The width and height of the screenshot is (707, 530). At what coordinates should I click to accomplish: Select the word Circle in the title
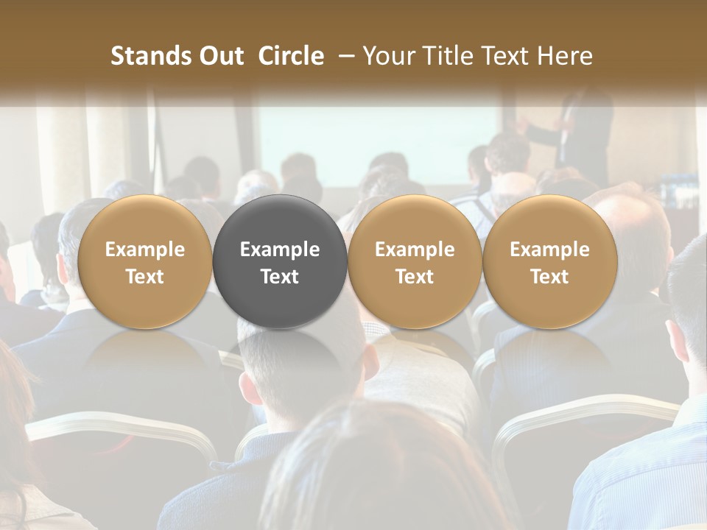pyautogui.click(x=291, y=56)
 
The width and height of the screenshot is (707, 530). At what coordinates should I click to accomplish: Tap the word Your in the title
pyautogui.click(x=385, y=56)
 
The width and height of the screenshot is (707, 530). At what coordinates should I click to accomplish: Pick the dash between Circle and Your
pyautogui.click(x=343, y=56)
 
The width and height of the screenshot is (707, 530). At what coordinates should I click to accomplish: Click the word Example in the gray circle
pyautogui.click(x=280, y=250)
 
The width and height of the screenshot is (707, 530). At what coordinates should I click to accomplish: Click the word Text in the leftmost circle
pyautogui.click(x=144, y=277)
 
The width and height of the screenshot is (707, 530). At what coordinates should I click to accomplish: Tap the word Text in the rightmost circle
pyautogui.click(x=549, y=277)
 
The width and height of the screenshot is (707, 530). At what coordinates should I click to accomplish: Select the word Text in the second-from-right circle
pyautogui.click(x=415, y=277)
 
